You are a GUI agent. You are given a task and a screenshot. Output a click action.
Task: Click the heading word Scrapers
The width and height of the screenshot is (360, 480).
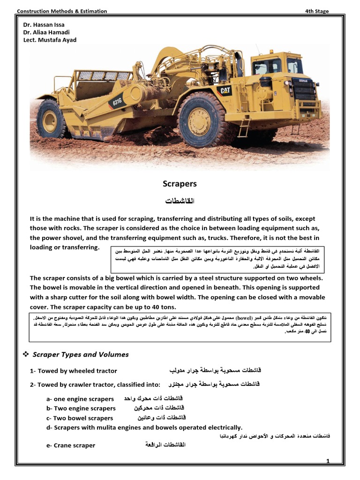[180, 184]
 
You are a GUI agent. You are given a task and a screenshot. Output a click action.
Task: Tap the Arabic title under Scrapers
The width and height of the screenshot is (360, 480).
[180, 201]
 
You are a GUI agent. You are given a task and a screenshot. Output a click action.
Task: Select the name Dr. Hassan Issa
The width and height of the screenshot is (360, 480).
[44, 24]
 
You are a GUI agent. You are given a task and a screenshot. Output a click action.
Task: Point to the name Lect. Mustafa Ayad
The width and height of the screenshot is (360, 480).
[49, 40]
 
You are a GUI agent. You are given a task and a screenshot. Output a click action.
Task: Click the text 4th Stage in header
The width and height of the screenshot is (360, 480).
[317, 11]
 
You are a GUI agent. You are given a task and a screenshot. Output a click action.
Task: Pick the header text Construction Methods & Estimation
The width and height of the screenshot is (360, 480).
[62, 11]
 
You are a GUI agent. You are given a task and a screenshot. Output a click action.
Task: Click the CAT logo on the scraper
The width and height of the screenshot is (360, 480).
[224, 90]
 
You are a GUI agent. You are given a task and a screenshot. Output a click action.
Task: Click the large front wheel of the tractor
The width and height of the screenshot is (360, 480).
[202, 120]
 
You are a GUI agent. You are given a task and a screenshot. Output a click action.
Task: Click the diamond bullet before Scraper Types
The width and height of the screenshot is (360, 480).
[26, 354]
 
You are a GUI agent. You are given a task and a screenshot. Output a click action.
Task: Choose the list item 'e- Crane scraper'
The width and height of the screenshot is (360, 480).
[70, 445]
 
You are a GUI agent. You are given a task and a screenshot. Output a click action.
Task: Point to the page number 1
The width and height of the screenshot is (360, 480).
[328, 462]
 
